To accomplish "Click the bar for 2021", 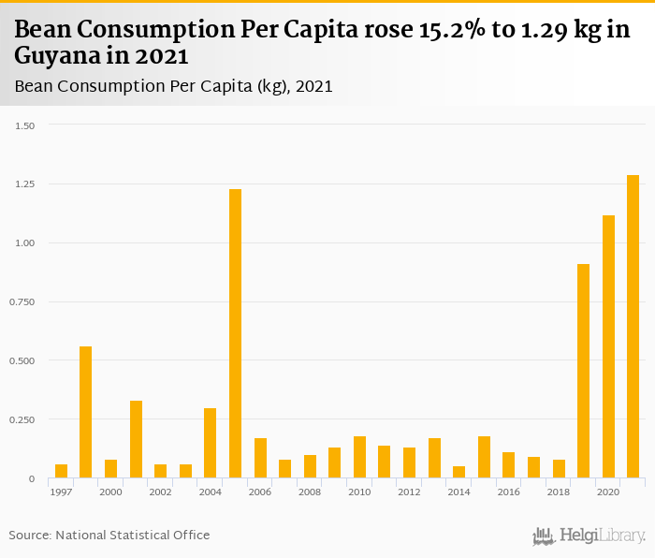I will coord(633,327).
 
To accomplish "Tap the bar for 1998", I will coord(86,412).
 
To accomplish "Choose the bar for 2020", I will coord(608,346).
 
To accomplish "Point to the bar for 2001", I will coord(136,439).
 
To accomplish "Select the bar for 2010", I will coord(359,457).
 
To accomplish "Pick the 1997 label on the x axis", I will coord(62,492).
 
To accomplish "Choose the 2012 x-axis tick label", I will coord(409,492).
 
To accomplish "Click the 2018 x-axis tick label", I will coord(558,492).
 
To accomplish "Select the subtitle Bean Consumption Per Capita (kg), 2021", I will coord(173,86).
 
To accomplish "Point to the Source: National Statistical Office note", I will coord(109,535).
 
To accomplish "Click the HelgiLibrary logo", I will coord(589,536).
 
